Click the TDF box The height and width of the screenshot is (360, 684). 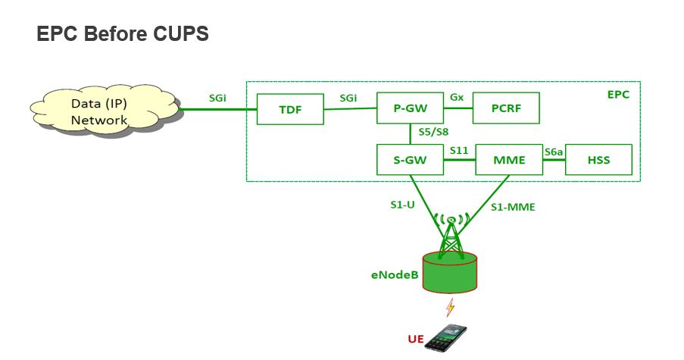point(290,109)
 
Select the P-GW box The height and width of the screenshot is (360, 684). point(410,109)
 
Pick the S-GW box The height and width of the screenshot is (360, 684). point(410,161)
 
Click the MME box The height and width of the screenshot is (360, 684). point(509,161)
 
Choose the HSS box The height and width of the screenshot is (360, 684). point(598,161)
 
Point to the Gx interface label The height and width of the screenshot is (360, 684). point(457,98)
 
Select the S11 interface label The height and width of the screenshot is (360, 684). point(459,151)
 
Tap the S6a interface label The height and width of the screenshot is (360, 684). point(554,152)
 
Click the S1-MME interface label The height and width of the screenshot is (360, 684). point(513,206)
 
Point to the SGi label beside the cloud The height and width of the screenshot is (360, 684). point(219,98)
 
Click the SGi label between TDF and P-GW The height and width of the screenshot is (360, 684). point(349,98)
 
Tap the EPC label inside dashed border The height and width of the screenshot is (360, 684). point(618,95)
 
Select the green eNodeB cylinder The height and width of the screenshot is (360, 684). point(451,274)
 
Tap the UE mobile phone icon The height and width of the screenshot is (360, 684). point(445,337)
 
